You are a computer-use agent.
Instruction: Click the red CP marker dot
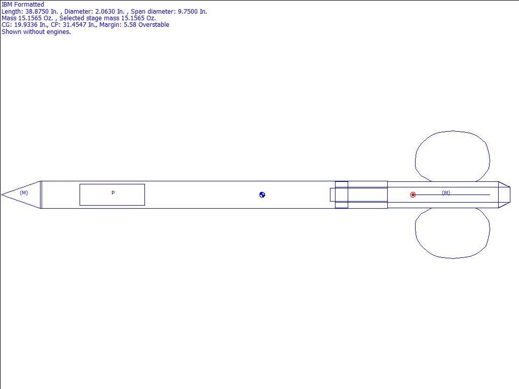(413, 195)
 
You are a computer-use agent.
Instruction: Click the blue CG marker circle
(262, 195)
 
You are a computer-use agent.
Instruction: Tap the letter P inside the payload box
(113, 192)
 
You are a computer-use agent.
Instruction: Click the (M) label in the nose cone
(24, 192)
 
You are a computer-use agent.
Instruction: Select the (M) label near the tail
(446, 192)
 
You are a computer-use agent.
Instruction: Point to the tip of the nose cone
(2, 195)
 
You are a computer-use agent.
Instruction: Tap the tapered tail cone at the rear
(504, 195)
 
